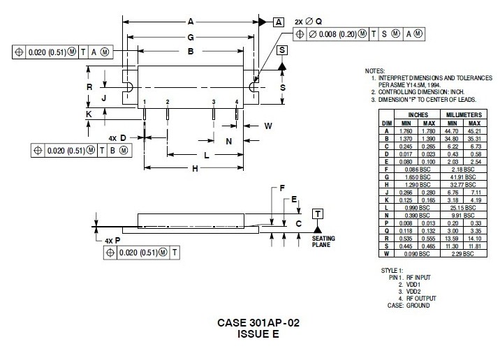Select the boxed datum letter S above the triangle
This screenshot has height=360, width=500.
pos(281,50)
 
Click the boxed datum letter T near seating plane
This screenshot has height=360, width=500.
pos(318,213)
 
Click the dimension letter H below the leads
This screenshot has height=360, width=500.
pos(196,168)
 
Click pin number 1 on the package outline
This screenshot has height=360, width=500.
pos(145,102)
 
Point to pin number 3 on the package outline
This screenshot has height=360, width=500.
pos(214,102)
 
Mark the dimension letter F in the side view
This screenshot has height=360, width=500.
pos(282,188)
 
